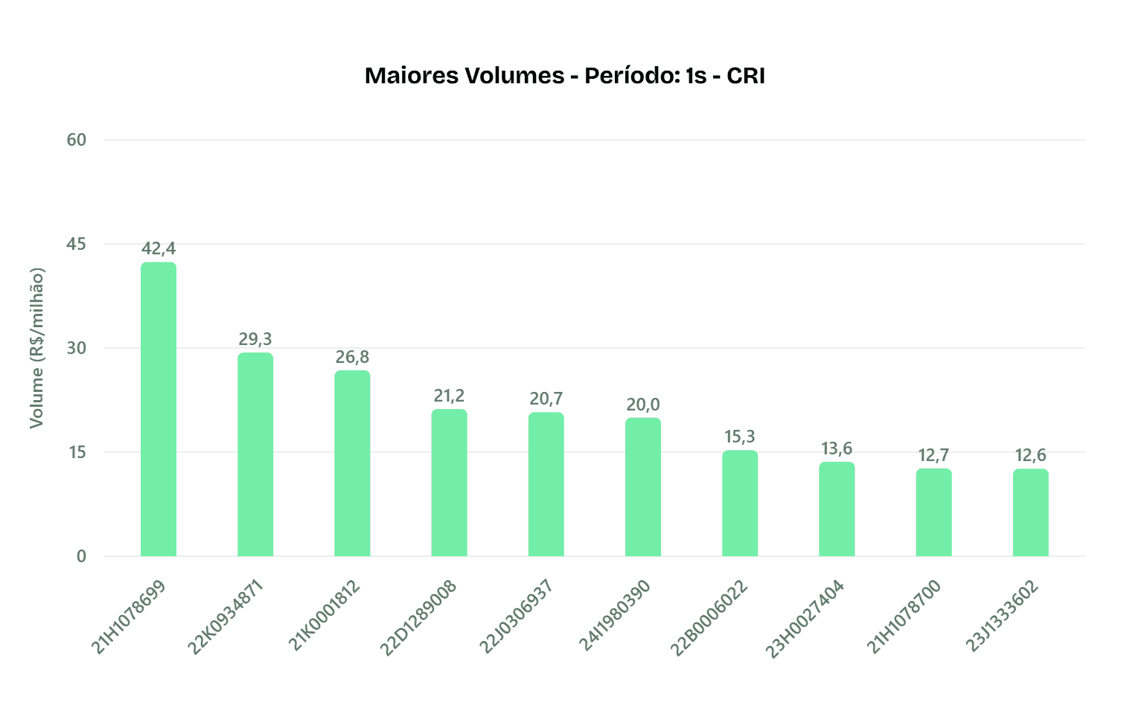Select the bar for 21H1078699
point(159,409)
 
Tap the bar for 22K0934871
point(255,454)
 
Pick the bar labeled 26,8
point(352,463)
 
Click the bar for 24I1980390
point(642,487)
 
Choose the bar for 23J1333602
point(1030,512)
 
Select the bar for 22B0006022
point(740,503)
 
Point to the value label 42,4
point(159,248)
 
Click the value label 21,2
point(449,396)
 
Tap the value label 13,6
point(837,448)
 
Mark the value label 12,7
point(933,455)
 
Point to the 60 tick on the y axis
point(77,140)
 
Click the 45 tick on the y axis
point(77,244)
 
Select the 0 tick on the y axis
point(81,556)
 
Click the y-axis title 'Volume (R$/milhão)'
point(36,348)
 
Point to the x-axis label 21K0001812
point(325,617)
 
